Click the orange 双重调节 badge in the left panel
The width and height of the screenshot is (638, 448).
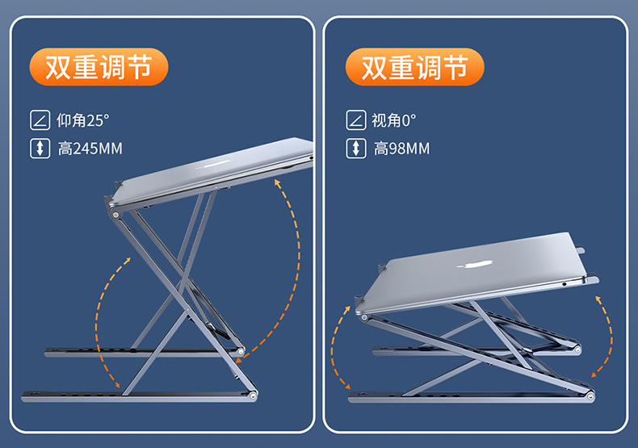99,67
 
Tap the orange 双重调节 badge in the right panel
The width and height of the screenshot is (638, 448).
415,67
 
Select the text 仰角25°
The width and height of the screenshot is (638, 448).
83,120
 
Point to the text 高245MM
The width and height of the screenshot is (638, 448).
90,149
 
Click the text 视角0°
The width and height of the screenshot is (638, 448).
394,120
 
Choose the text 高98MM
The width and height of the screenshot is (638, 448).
401,149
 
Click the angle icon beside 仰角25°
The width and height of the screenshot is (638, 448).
40,120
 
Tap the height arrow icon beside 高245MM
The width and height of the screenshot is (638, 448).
40,149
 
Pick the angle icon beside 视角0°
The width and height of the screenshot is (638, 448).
356,120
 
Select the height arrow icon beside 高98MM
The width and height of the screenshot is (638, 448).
356,149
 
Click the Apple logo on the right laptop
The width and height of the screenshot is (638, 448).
475,265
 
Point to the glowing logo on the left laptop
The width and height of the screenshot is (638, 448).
217,165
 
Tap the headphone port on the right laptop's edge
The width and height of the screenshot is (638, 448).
564,284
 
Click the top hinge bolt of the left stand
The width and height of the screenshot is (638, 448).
115,215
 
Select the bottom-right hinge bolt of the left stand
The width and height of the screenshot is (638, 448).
253,395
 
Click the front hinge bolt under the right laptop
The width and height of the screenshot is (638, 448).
364,318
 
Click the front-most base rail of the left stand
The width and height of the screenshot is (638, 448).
139,396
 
